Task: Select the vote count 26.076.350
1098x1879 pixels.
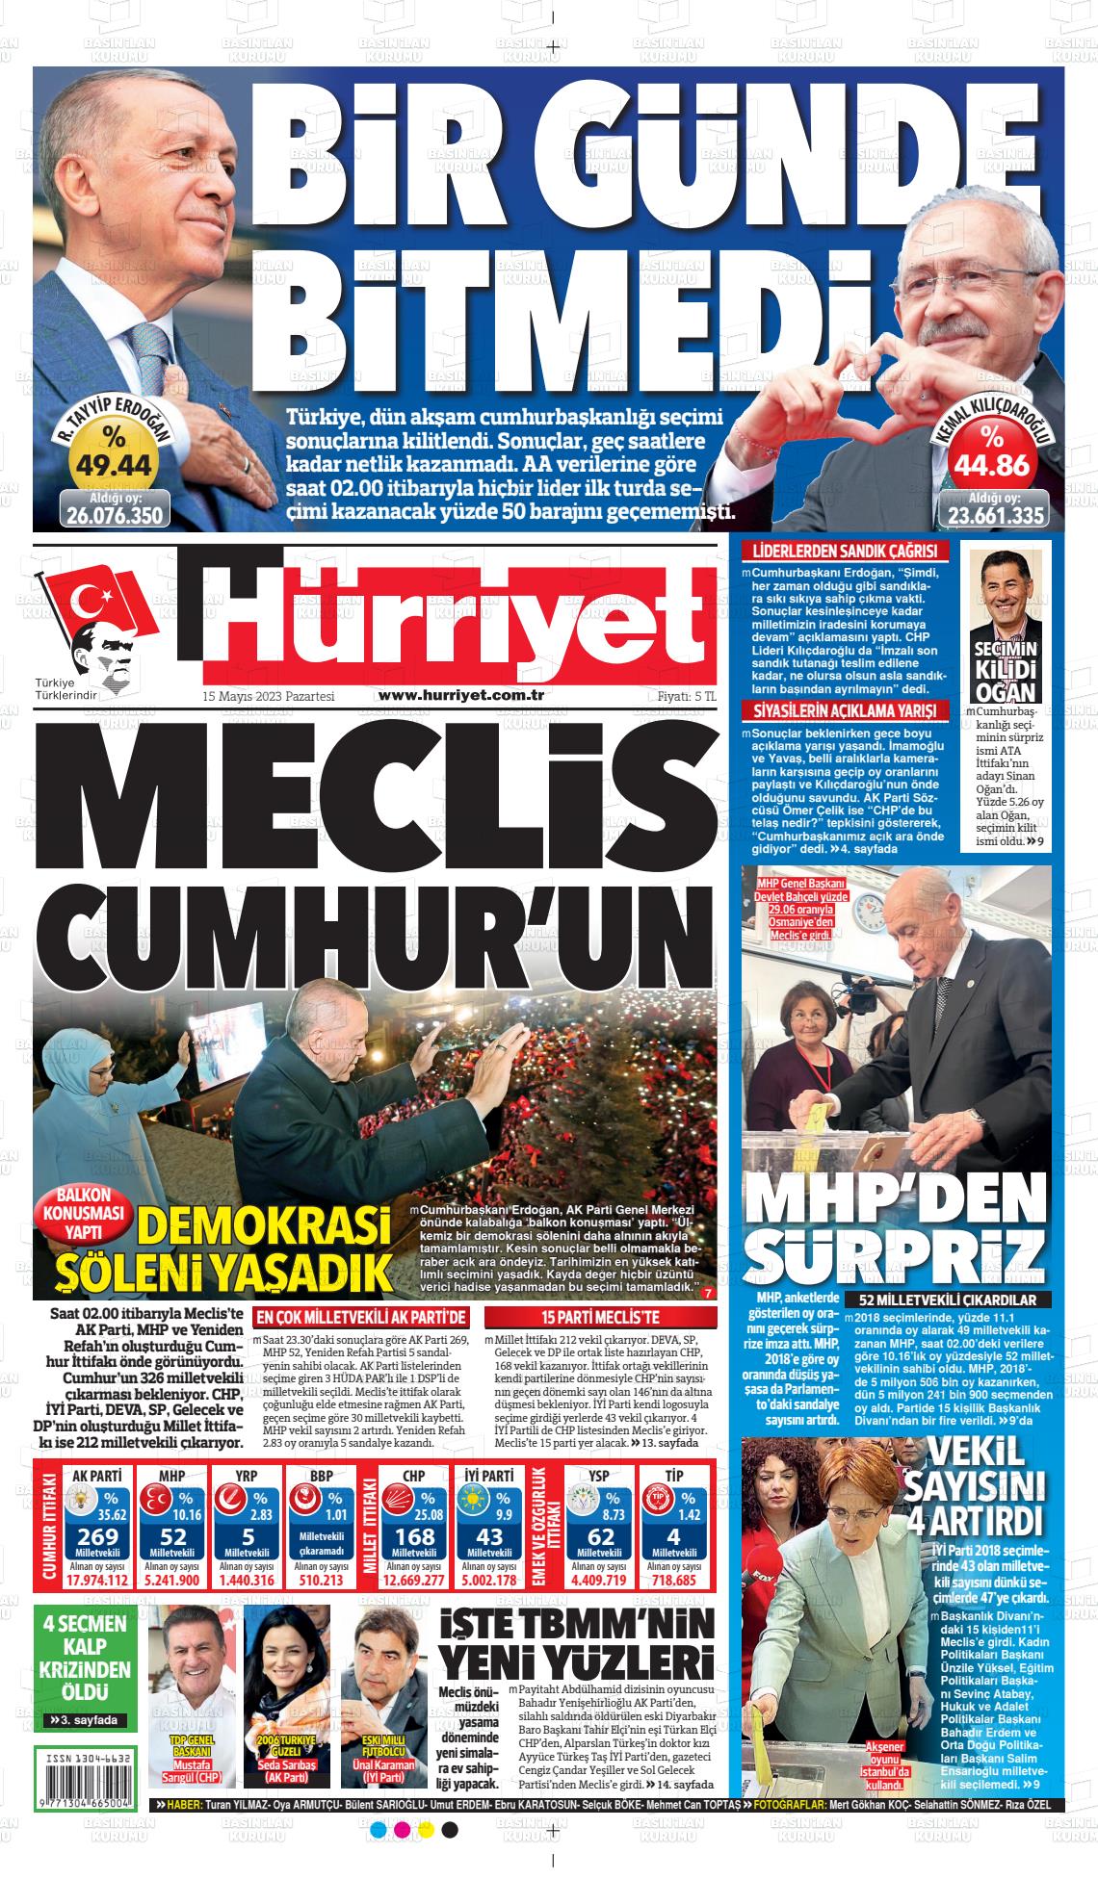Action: [115, 514]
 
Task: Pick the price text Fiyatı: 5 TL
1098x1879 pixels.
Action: [681, 696]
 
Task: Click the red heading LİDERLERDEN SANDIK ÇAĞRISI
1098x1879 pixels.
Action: [844, 553]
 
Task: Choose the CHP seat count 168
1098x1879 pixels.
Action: [415, 1536]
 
